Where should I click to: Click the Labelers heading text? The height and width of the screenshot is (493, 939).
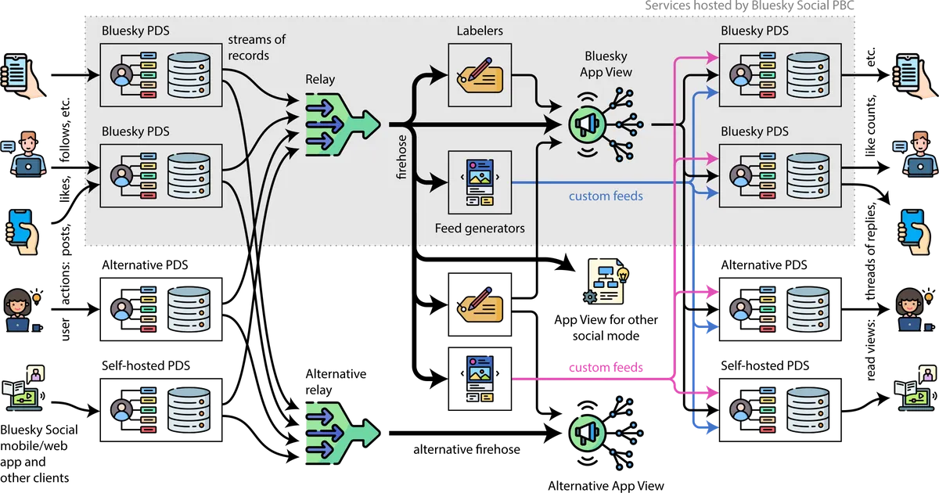(x=480, y=31)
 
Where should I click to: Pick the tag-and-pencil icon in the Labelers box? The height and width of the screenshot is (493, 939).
(x=480, y=75)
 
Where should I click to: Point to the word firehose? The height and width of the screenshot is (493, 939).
(x=402, y=161)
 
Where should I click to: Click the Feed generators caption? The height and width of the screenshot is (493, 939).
(x=480, y=229)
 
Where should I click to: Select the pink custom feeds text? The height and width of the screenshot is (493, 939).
(x=606, y=367)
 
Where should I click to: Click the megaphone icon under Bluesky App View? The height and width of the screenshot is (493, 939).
(x=588, y=123)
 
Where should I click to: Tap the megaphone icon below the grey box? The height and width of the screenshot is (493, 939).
(x=588, y=433)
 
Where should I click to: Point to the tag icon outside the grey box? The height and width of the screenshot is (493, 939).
(x=480, y=304)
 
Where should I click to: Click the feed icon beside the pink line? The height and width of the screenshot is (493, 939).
(x=480, y=379)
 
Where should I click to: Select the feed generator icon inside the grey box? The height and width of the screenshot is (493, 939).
(x=480, y=183)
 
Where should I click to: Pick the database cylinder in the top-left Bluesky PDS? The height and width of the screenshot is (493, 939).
(x=189, y=74)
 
